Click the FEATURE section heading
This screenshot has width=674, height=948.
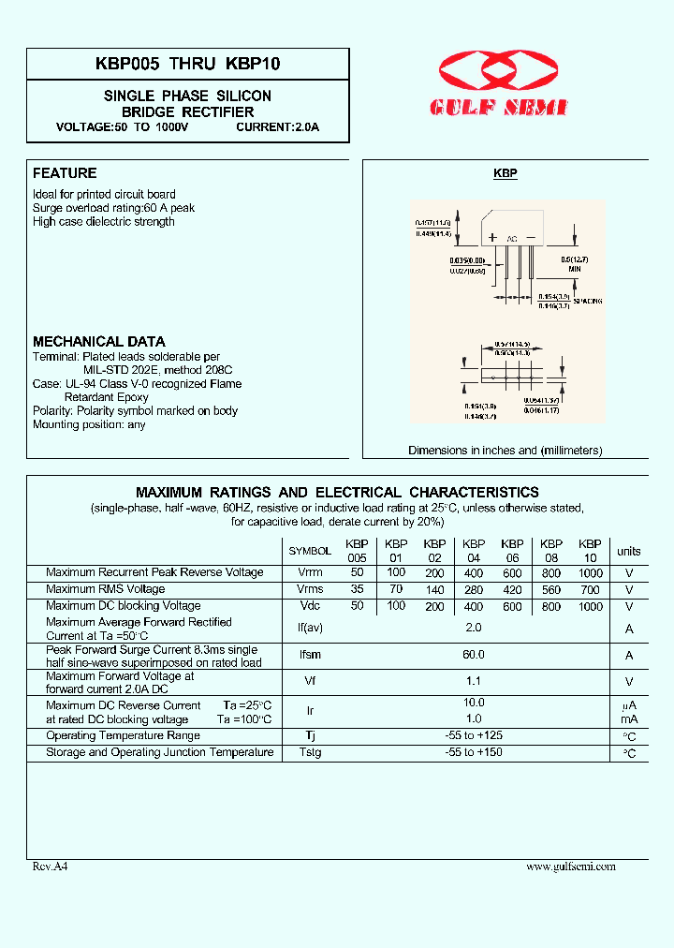click(x=65, y=173)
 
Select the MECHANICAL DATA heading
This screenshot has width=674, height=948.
click(x=99, y=342)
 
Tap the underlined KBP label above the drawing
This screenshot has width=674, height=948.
click(x=505, y=174)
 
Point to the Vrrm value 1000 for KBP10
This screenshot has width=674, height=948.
click(x=590, y=572)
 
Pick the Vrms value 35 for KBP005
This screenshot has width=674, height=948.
click(x=357, y=590)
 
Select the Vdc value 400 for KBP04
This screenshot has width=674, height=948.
click(x=473, y=607)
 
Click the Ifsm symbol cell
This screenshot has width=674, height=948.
click(x=309, y=656)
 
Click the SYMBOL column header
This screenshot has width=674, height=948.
click(x=309, y=552)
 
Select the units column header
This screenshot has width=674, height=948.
click(x=629, y=552)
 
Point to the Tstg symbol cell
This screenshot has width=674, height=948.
click(x=309, y=753)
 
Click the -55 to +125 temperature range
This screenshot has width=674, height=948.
click(x=473, y=736)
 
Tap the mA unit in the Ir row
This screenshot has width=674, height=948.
click(x=629, y=720)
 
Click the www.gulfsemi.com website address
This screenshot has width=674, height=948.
click(x=571, y=867)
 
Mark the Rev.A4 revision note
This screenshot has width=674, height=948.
click(x=51, y=867)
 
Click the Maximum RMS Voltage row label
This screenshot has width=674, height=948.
click(x=105, y=590)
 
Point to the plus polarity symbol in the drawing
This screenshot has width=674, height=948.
click(x=492, y=238)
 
